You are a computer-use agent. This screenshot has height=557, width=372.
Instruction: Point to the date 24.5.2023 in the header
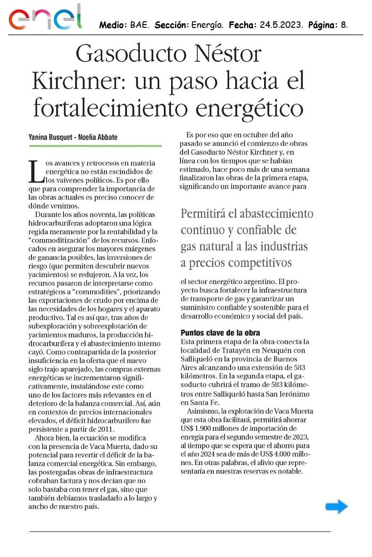point(279,24)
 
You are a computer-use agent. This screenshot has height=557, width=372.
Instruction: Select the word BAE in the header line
point(139,24)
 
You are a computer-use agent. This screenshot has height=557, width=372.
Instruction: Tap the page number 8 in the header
point(344,24)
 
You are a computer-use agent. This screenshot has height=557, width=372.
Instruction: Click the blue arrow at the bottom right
point(337,506)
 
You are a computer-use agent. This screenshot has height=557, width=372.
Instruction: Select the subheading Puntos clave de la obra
point(220,333)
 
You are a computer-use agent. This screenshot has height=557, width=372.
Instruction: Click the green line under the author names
point(95,146)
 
